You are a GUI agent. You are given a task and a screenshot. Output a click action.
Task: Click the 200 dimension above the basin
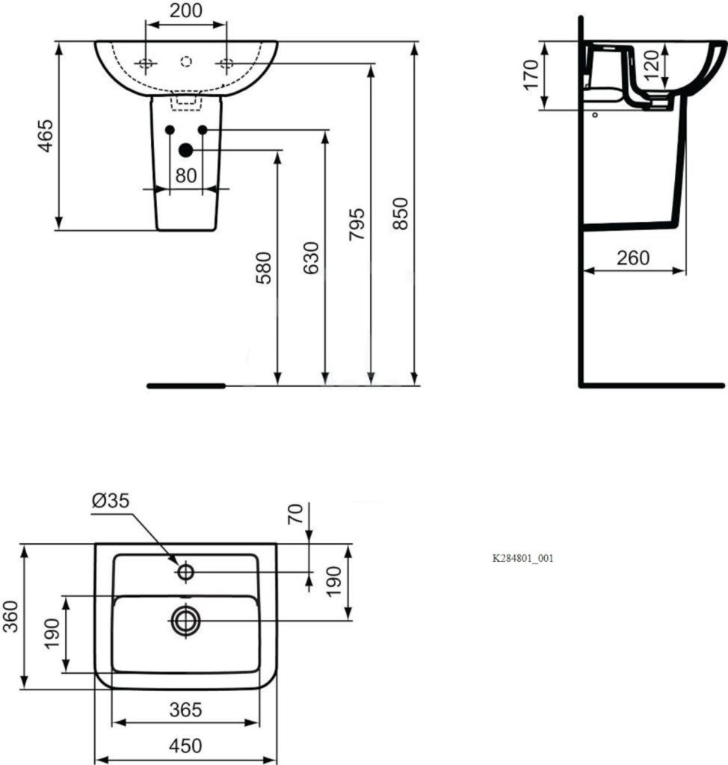(x=186, y=10)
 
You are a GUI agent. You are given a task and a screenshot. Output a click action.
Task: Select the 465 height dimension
(x=46, y=136)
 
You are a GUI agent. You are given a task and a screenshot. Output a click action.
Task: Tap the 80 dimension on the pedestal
(x=186, y=176)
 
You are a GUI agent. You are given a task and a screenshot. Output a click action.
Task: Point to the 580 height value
(x=264, y=268)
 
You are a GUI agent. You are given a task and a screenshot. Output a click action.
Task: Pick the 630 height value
(x=311, y=258)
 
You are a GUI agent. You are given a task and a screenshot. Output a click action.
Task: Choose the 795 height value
(x=357, y=224)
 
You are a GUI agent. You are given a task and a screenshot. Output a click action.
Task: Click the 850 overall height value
(x=401, y=214)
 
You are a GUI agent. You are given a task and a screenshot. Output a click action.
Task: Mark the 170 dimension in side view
(x=531, y=75)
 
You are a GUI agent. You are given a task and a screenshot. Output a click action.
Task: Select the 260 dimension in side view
(x=633, y=258)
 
